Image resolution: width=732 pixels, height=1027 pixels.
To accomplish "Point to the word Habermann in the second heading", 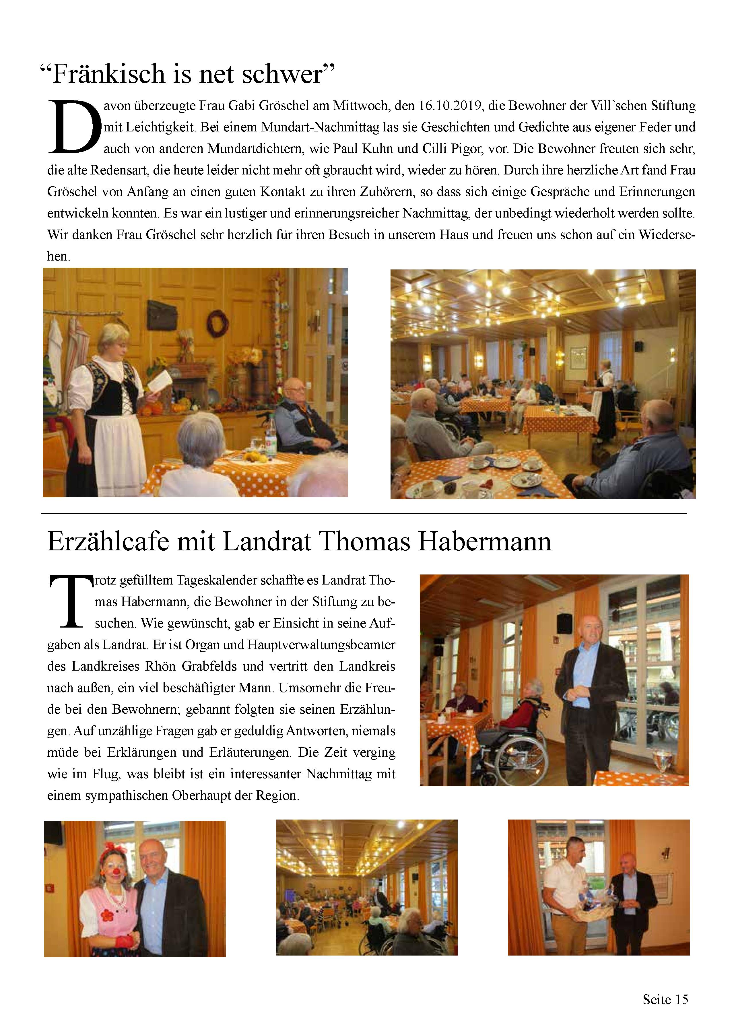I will (x=485, y=542).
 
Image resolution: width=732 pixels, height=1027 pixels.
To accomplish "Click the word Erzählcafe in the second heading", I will (x=108, y=542).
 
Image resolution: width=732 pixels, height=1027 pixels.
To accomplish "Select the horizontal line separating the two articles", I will (x=364, y=514).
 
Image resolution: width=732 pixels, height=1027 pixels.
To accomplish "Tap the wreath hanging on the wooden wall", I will (x=218, y=323).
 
